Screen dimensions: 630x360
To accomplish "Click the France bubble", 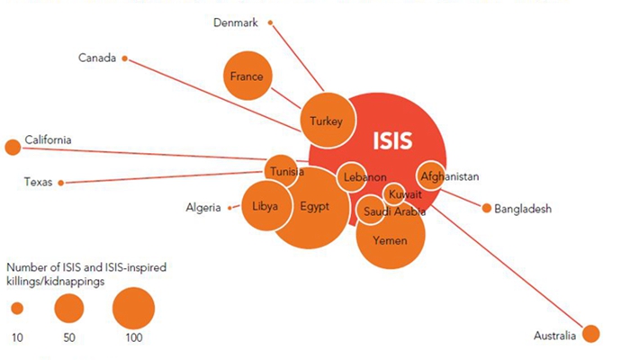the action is click(247, 77).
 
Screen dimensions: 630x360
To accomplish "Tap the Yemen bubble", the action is click(391, 240).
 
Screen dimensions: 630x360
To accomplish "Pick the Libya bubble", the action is click(265, 206).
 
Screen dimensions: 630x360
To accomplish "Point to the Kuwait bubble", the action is click(398, 193).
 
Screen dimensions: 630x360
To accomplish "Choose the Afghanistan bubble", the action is click(429, 176).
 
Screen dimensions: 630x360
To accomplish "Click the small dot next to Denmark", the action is click(271, 22).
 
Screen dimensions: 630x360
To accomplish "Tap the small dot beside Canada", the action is click(124, 58).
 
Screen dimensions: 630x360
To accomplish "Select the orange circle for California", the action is click(12, 147).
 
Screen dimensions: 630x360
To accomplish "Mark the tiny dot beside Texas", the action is click(60, 183).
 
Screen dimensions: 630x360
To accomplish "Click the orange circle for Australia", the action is click(590, 334).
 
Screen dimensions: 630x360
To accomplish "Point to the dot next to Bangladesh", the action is click(487, 209).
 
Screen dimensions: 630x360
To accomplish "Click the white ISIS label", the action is click(392, 140).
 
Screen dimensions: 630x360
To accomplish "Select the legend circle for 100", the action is click(134, 308).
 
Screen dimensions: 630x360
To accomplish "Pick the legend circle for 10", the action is click(17, 309).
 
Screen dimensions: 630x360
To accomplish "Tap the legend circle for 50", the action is click(69, 309).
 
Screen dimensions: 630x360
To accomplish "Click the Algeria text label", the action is click(203, 208).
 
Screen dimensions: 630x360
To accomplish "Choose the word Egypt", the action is click(315, 206).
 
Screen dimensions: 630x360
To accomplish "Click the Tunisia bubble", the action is click(282, 171).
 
